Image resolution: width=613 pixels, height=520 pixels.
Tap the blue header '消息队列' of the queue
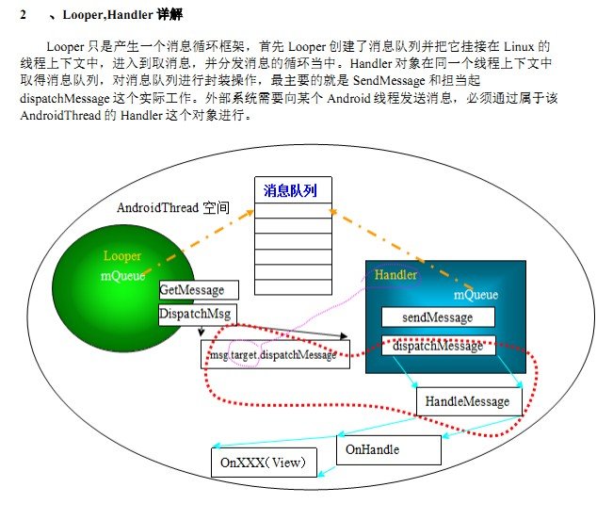(x=292, y=190)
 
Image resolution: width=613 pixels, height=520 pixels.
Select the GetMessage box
(x=198, y=289)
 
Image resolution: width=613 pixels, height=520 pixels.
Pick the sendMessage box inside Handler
(x=437, y=317)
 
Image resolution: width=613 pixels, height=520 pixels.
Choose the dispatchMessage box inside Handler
(x=437, y=346)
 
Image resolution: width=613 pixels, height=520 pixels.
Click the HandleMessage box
(x=467, y=401)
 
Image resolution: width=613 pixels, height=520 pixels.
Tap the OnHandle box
(x=386, y=450)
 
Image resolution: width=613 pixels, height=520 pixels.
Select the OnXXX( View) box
(x=264, y=463)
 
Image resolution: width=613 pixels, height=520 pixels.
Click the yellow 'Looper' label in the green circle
(x=122, y=256)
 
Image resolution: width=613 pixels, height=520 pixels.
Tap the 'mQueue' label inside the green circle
(x=122, y=277)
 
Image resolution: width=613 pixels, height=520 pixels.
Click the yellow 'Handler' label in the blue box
(x=395, y=275)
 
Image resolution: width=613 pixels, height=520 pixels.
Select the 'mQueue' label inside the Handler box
(x=476, y=295)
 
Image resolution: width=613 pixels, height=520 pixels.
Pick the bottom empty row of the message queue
(x=292, y=284)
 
